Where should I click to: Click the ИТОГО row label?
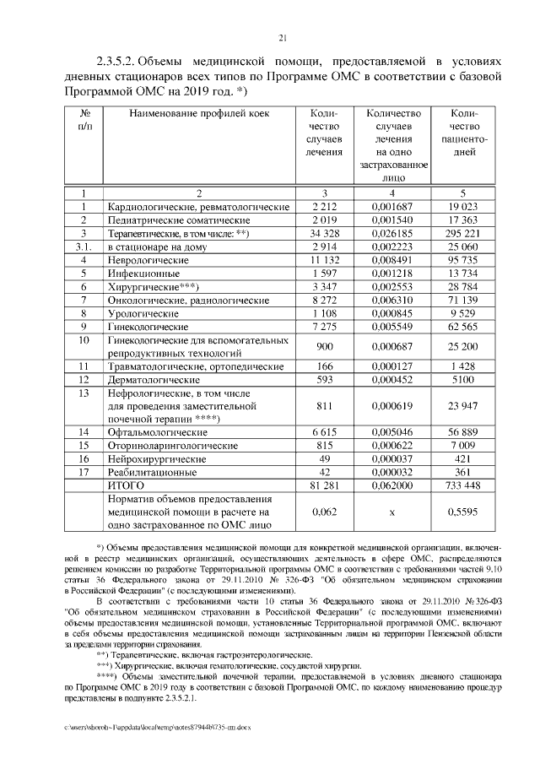tap(126, 485)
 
